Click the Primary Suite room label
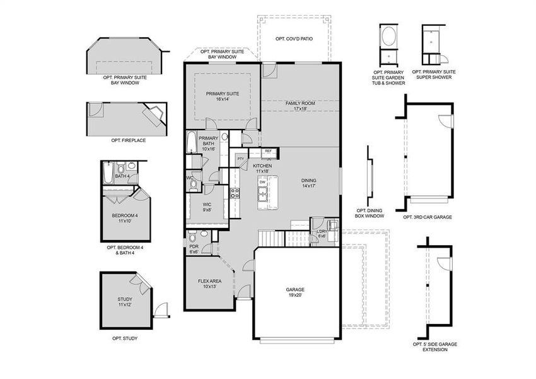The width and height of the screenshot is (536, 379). coord(221,96)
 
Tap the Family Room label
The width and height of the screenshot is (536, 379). coord(300,105)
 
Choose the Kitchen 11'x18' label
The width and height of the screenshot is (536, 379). coord(262,168)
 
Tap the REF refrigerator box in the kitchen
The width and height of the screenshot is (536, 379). coord(268,152)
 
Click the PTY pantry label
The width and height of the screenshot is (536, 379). coord(240,159)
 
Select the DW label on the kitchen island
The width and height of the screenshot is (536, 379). coord(262,182)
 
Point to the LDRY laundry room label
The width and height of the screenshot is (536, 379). coord(322,234)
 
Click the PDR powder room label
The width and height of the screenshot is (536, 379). coord(194,249)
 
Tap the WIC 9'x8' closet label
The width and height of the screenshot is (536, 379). coord(207,207)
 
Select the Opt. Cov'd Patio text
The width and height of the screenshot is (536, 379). coord(294,39)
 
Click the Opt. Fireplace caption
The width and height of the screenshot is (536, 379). coord(128,140)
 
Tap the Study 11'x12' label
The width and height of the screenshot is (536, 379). coord(124,302)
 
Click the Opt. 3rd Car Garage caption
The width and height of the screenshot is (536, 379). coord(427,217)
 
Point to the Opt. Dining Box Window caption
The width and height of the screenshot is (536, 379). coord(370,214)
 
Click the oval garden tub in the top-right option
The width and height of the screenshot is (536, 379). coord(388,35)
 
